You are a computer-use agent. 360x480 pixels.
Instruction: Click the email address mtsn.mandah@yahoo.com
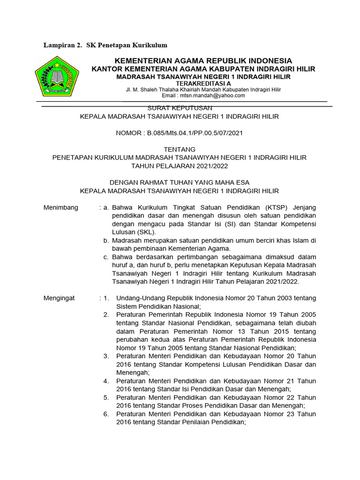point(210,96)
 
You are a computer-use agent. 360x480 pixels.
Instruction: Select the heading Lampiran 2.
point(62,45)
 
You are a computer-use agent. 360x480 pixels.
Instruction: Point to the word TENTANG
point(180,150)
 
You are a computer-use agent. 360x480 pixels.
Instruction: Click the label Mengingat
point(59,298)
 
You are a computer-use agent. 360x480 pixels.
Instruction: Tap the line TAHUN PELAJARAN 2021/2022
point(180,166)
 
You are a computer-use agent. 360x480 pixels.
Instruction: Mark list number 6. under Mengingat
point(106,414)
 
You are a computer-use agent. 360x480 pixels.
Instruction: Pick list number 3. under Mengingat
point(106,356)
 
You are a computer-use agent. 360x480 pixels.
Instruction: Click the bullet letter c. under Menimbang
point(106,257)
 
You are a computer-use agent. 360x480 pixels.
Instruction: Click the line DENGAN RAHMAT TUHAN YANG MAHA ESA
point(180,183)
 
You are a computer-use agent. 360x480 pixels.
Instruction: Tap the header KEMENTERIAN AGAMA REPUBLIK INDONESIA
point(203,61)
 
